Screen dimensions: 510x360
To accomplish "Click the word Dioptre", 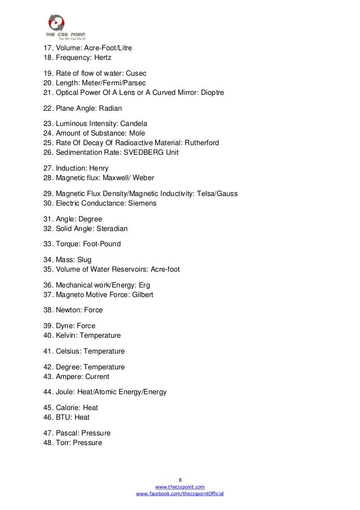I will point(212,92).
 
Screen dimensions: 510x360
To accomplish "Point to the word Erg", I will point(144,285).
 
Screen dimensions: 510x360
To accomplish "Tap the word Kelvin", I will point(67,335).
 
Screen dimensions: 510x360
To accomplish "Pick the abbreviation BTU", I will point(64,417).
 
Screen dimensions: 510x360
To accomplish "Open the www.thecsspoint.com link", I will point(179,486).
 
